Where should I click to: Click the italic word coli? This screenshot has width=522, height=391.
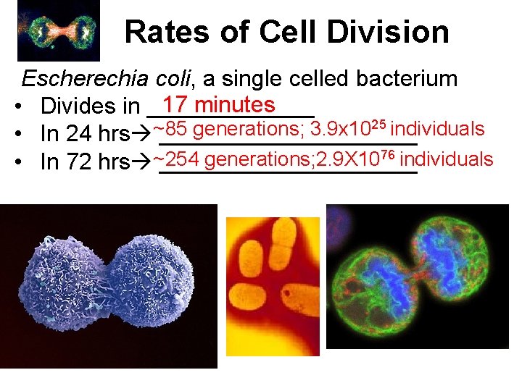pyautogui.click(x=162, y=80)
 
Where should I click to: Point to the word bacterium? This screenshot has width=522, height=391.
pyautogui.click(x=397, y=80)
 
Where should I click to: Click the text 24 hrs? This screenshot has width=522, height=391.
pyautogui.click(x=85, y=135)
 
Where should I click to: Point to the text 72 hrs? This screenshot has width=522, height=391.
pyautogui.click(x=85, y=162)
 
